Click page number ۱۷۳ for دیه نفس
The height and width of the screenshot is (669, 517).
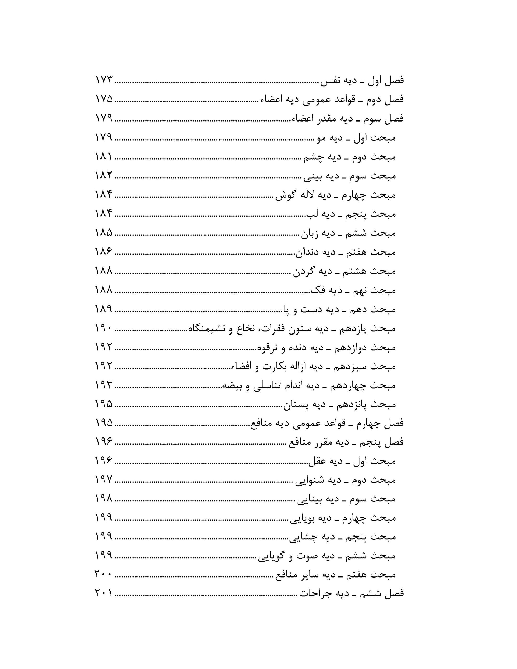tap(104, 80)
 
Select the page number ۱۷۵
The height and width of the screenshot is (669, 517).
tap(104, 99)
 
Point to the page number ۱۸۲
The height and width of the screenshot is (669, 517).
tap(104, 176)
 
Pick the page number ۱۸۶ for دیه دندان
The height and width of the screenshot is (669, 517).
tap(104, 252)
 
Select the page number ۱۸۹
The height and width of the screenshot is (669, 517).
tap(104, 309)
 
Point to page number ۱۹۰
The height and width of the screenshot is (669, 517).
tap(104, 328)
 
